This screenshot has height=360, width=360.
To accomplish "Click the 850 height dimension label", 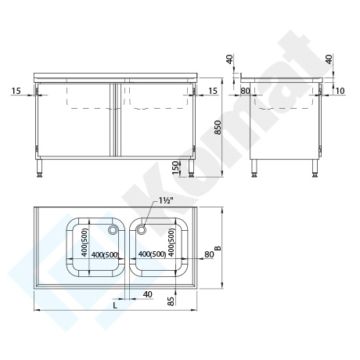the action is click(218, 128).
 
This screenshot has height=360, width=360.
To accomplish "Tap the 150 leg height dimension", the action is click(176, 168).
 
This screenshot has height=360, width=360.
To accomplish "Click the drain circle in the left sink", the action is click(113, 229).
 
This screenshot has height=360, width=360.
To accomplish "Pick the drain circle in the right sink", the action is click(141, 229).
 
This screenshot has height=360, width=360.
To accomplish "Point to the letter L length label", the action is click(115, 305).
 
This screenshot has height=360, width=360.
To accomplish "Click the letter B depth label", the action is click(218, 247).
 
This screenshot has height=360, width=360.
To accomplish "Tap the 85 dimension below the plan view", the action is click(171, 301).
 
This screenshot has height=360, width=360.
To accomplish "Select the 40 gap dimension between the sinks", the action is click(148, 294).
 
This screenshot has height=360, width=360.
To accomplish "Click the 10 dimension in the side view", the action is click(340, 91).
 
